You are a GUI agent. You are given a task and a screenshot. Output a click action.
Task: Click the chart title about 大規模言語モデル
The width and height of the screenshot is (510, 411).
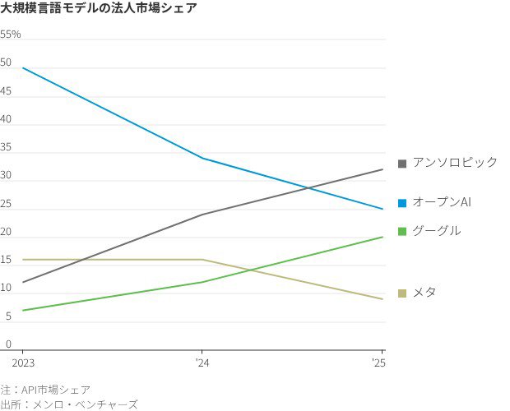click(98, 9)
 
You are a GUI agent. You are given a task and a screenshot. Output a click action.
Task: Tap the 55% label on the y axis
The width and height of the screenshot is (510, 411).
click(11, 35)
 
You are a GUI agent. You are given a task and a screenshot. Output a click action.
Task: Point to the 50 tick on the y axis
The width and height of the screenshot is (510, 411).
click(6, 62)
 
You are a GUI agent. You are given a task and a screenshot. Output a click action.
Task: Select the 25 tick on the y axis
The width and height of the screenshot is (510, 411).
click(6, 204)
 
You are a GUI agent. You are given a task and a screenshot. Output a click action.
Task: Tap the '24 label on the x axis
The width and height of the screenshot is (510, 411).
click(202, 362)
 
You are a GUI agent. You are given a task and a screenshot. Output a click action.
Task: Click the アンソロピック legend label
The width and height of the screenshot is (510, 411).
click(455, 163)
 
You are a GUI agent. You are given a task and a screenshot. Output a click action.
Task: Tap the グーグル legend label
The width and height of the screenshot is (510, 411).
click(436, 231)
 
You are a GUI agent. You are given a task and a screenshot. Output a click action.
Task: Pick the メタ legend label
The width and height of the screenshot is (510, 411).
click(424, 293)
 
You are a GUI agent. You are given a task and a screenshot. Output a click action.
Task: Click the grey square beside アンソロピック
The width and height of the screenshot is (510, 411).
click(402, 164)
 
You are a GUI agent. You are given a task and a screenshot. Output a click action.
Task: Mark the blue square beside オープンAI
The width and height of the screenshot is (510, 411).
click(402, 203)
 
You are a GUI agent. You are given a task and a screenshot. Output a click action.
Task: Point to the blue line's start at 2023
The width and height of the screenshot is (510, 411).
click(22, 67)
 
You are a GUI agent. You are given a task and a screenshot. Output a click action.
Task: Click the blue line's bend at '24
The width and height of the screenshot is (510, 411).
click(202, 158)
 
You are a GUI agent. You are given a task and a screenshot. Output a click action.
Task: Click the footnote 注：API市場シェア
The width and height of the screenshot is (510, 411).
click(45, 390)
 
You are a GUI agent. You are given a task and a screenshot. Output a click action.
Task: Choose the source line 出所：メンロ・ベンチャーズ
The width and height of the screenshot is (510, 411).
click(69, 404)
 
